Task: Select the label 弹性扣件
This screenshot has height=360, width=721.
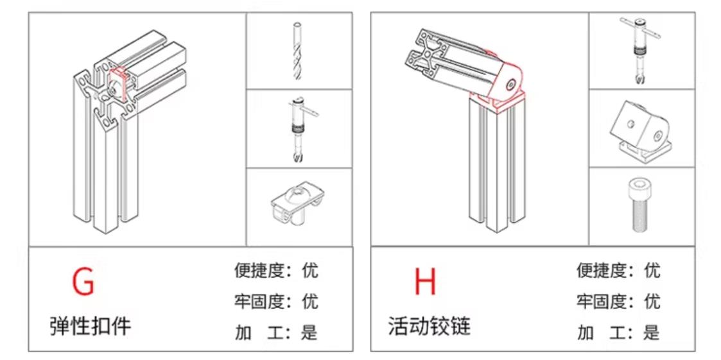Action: tap(91, 326)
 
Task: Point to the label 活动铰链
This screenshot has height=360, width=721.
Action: tap(429, 326)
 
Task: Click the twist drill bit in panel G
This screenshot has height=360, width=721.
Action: tap(297, 51)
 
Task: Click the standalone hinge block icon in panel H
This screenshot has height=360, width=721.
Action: tap(639, 128)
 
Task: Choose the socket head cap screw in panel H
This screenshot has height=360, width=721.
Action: tap(639, 207)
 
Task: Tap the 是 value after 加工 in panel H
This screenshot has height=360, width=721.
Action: tap(652, 332)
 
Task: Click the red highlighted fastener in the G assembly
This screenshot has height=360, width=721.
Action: tap(117, 80)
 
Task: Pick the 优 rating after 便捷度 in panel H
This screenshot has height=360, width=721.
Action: tap(652, 270)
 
